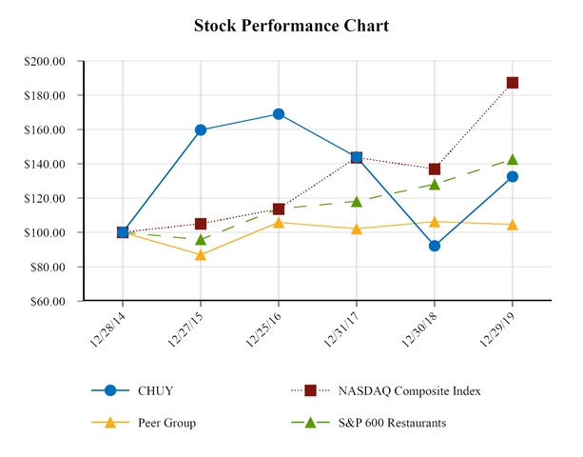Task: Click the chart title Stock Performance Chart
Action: click(291, 26)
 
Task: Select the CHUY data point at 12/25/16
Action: click(279, 114)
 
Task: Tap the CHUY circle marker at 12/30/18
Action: click(435, 246)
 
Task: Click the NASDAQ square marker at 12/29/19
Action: click(513, 83)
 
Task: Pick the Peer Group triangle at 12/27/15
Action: click(201, 255)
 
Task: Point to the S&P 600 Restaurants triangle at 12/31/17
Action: click(357, 202)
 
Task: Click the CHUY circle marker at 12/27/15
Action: click(201, 129)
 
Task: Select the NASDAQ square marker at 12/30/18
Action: click(435, 169)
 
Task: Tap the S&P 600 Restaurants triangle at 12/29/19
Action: click(513, 160)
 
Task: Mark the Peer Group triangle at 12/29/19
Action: click(513, 225)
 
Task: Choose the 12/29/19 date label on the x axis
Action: click(498, 326)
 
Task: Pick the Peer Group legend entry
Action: click(167, 423)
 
